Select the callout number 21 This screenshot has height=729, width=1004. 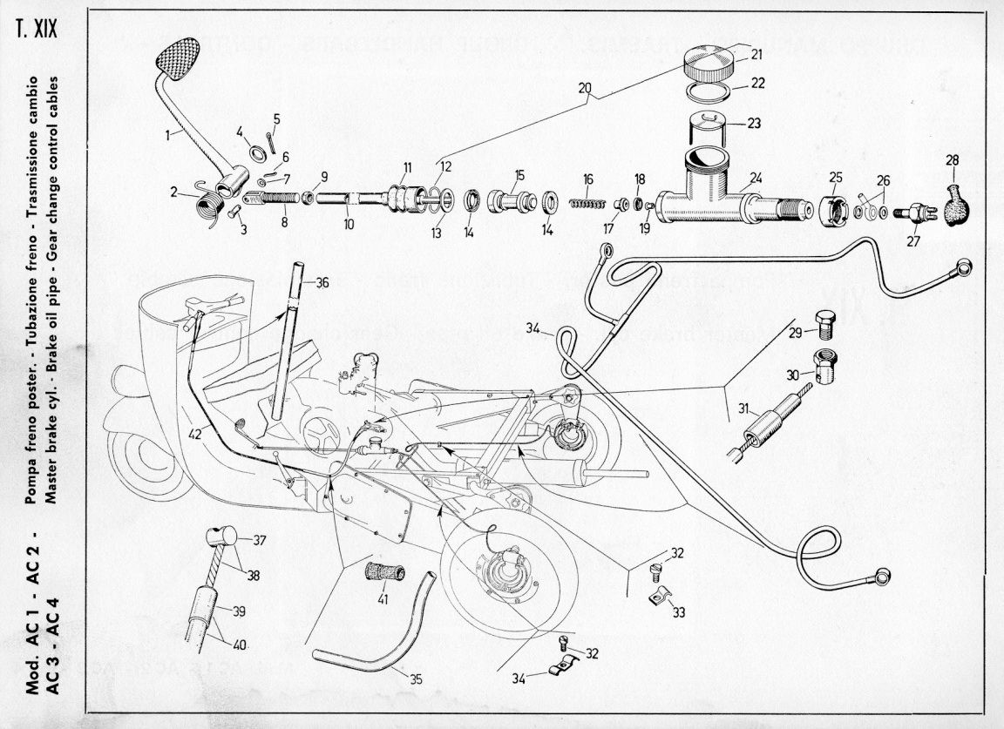coord(756,55)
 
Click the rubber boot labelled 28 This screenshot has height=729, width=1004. coord(957,203)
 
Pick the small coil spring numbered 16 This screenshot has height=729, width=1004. coord(587,203)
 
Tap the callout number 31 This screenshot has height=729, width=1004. coord(743,407)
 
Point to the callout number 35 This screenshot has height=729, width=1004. coord(416,678)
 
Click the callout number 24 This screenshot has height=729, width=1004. coord(756,177)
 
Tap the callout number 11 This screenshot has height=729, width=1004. coord(407,167)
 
